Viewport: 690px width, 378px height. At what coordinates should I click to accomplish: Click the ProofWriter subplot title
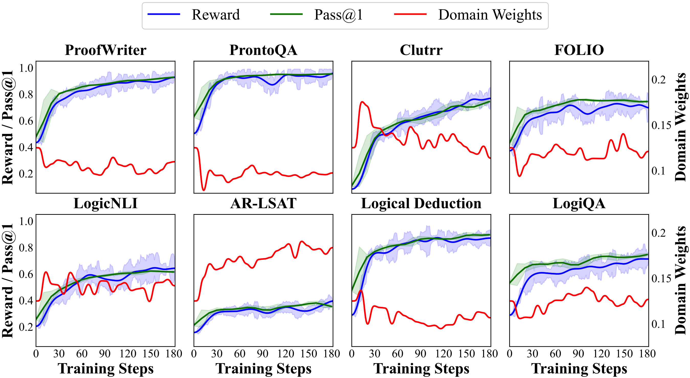coord(106,50)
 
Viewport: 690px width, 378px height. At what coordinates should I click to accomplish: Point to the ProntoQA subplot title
coord(263,50)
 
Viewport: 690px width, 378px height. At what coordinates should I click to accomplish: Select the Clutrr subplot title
coord(421,50)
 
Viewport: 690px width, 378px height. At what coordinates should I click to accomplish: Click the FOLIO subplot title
coord(579,50)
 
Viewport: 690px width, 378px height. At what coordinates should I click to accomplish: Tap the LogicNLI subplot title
coord(106,203)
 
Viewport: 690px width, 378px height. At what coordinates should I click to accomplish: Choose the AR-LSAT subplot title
coord(263,203)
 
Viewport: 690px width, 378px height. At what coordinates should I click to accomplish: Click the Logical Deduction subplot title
coord(421,203)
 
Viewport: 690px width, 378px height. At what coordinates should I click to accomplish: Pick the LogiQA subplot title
coord(579,203)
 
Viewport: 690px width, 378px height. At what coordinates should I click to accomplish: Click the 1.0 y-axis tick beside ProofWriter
coord(26,68)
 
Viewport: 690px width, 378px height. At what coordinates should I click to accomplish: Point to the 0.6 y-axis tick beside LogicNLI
coord(26,274)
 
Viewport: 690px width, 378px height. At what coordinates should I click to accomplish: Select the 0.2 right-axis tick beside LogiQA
coord(659,233)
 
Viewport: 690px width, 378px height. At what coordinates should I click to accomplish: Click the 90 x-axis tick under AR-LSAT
coord(262,354)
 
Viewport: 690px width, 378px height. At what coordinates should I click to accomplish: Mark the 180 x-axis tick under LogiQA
coord(647,354)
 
